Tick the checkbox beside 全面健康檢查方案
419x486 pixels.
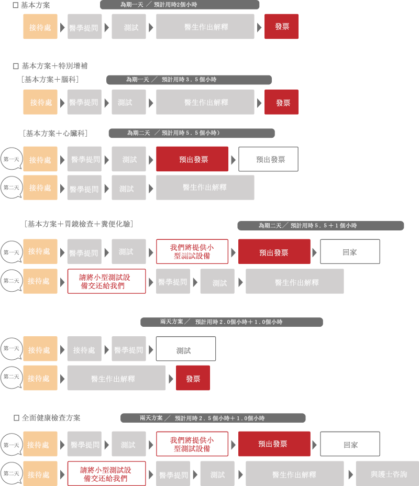[x=16, y=418]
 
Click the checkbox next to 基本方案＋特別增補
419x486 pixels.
[x=16, y=66]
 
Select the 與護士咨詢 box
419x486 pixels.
[x=388, y=473]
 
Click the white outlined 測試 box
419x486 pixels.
[x=186, y=349]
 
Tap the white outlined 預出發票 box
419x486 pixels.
[x=268, y=159]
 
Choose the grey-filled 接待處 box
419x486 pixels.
[x=84, y=349]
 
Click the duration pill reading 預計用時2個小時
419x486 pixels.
[x=180, y=5]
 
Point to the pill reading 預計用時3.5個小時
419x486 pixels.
[x=189, y=80]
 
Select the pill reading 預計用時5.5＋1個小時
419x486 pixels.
[x=321, y=226]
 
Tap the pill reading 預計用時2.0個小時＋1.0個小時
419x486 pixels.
[x=231, y=322]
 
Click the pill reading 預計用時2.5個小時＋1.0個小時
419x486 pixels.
[x=213, y=418]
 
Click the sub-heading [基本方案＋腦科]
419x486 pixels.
[x=50, y=80]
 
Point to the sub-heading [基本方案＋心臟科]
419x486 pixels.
[x=55, y=133]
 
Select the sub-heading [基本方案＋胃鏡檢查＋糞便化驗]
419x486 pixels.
[x=79, y=224]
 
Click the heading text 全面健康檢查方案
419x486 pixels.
[x=51, y=418]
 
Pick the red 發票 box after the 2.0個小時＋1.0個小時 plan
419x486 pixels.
[x=193, y=378]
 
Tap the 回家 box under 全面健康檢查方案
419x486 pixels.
[x=350, y=444]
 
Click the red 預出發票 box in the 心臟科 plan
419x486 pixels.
[x=192, y=159]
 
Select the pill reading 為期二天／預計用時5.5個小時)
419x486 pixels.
[x=192, y=133]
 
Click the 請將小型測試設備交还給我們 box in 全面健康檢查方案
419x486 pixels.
[x=107, y=473]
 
